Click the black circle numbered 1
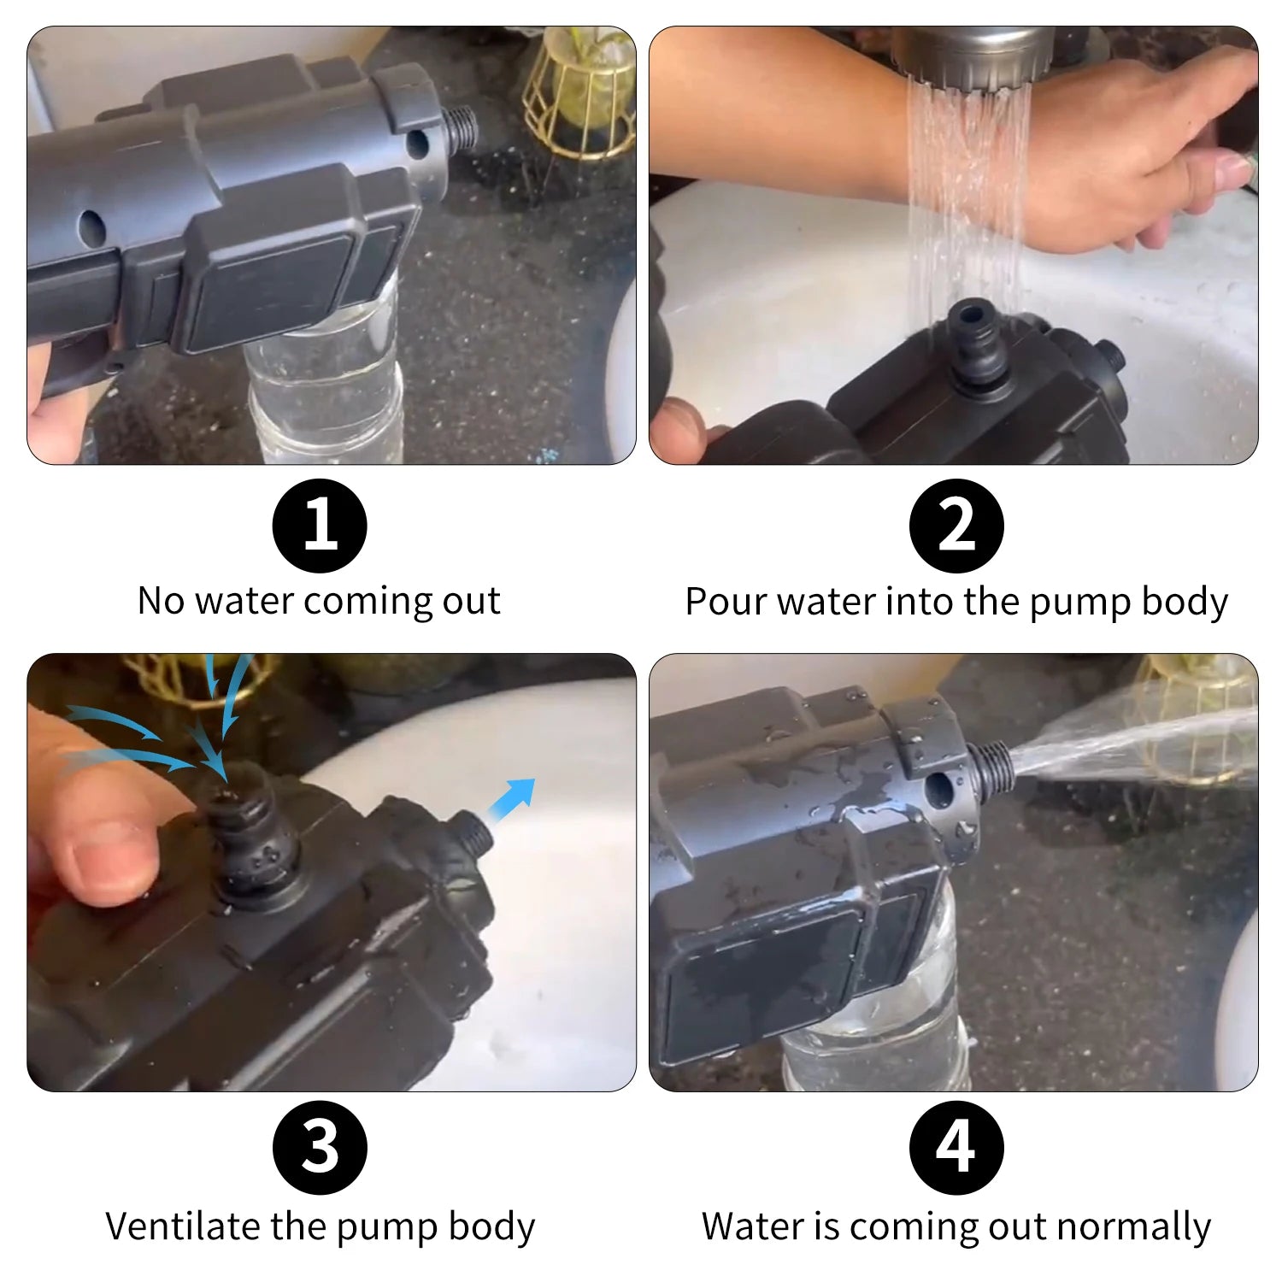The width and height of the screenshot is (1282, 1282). pyautogui.click(x=320, y=526)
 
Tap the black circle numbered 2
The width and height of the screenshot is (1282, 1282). pyautogui.click(x=956, y=526)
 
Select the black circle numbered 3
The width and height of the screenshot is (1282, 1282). pyautogui.click(x=320, y=1148)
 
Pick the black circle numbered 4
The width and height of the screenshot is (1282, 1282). pyautogui.click(x=956, y=1148)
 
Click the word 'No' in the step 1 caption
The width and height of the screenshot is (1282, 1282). pyautogui.click(x=162, y=601)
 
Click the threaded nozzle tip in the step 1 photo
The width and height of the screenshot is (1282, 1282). pyautogui.click(x=459, y=128)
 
